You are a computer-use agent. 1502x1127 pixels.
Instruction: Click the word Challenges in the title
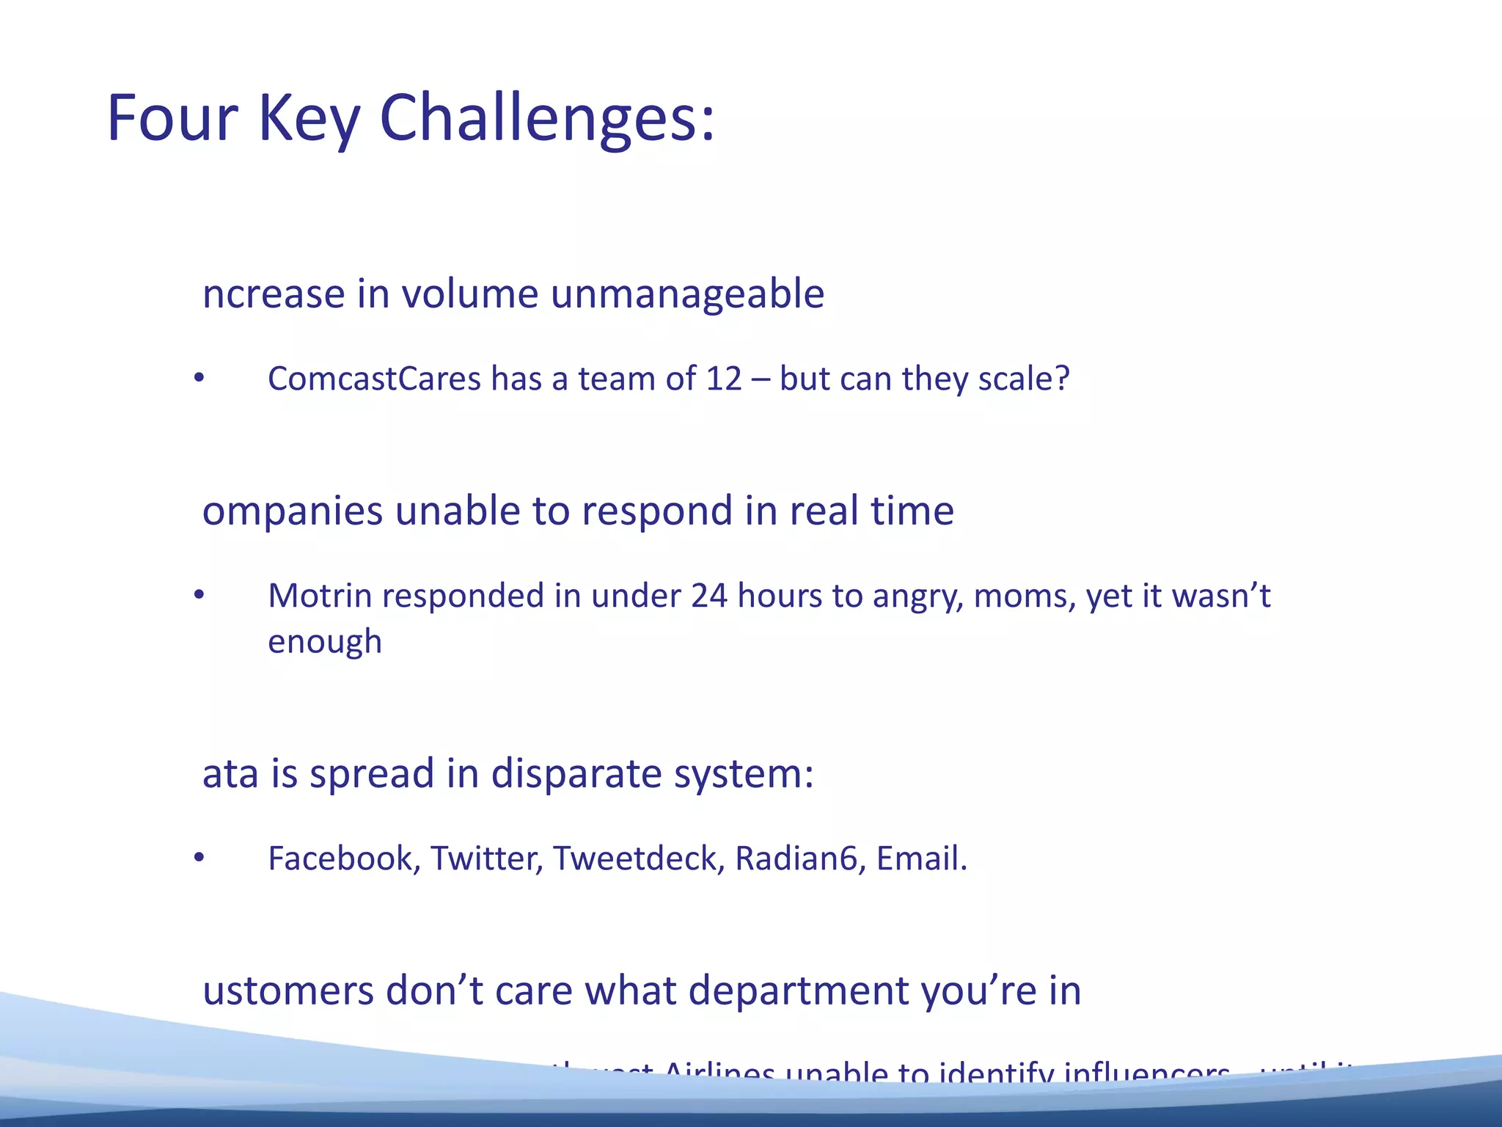(x=546, y=119)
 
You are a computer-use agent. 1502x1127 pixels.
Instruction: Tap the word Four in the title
(x=172, y=119)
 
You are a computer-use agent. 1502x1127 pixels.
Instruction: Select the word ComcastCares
(x=374, y=379)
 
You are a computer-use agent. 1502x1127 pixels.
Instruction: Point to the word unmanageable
(x=687, y=294)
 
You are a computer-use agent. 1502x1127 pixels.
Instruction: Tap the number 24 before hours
(x=708, y=596)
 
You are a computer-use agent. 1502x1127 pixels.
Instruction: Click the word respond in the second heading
(x=657, y=511)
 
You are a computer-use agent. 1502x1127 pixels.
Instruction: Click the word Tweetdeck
(x=639, y=858)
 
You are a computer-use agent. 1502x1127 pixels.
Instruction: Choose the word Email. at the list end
(x=922, y=858)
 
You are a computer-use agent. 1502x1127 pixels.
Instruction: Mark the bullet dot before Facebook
(x=199, y=858)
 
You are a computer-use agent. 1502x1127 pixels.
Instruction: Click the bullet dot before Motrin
(x=199, y=595)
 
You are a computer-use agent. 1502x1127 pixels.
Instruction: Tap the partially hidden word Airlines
(x=719, y=1074)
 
